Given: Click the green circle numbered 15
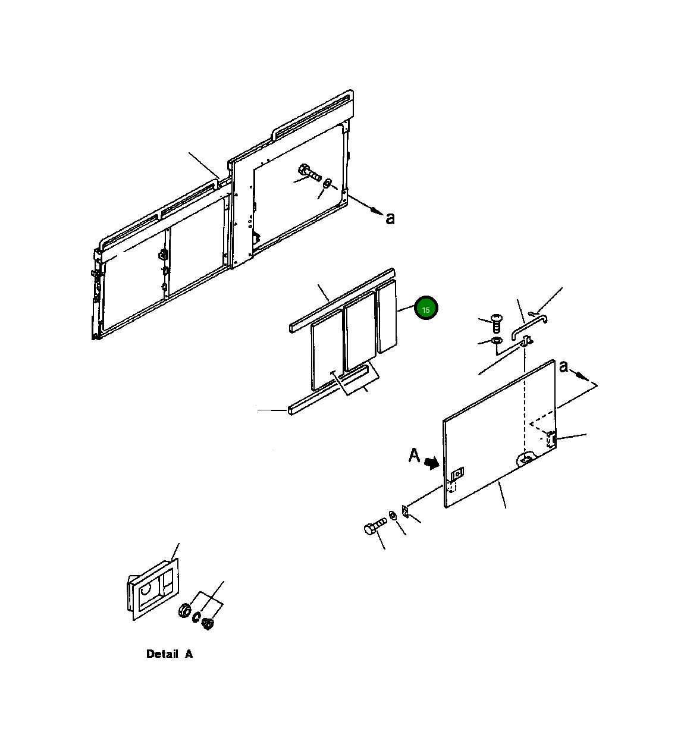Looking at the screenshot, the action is (x=426, y=308).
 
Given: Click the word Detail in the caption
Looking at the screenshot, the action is (x=162, y=654).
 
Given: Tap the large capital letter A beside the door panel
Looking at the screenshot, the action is (x=415, y=455).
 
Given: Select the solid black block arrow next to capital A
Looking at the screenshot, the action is (x=432, y=463).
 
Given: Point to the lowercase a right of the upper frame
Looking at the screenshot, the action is (x=390, y=219).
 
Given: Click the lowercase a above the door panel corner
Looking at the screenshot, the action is (x=564, y=367).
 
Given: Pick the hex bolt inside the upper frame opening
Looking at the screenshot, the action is (x=309, y=172).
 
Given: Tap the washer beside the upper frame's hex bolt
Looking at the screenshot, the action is (x=327, y=184).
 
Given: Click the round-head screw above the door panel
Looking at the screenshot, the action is (x=496, y=323).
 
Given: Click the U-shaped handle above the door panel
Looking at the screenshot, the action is (x=529, y=327).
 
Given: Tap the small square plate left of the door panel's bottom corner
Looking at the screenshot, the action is (x=405, y=511).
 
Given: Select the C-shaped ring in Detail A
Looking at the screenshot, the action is (x=196, y=617).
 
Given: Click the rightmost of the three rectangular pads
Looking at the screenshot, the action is (x=387, y=316).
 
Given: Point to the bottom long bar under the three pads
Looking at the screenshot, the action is (x=328, y=390).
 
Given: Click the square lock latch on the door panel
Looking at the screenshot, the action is (x=457, y=474).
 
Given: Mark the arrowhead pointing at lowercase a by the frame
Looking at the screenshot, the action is (x=377, y=211).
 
